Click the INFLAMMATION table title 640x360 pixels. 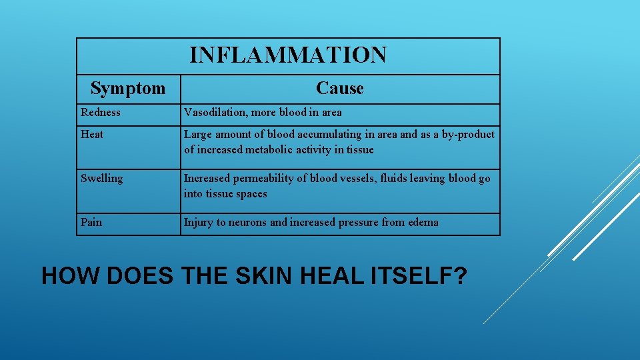coord(287,55)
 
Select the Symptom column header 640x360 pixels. coord(128,88)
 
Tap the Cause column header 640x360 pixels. coord(340,88)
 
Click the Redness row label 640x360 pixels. coord(101,112)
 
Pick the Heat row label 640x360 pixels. coord(92,135)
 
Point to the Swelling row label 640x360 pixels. coord(101,179)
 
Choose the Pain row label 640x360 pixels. coord(91,223)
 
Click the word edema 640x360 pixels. coord(423,223)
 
